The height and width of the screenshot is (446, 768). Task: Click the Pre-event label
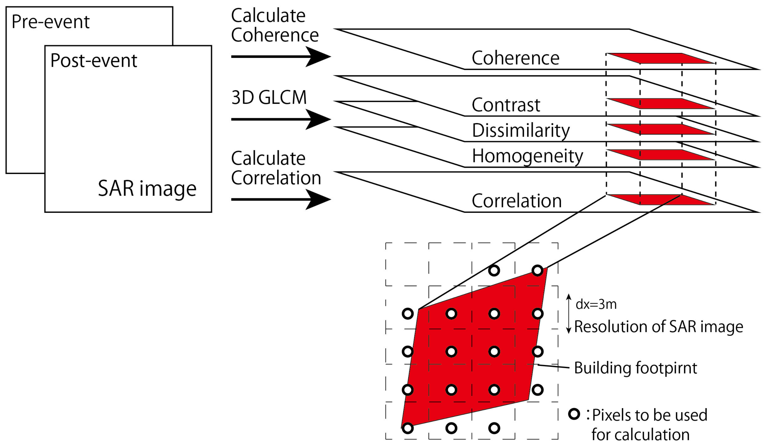[51, 22]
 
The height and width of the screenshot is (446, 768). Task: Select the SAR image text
[147, 188]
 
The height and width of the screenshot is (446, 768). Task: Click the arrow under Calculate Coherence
[280, 57]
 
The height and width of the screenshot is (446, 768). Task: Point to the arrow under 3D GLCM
[280, 119]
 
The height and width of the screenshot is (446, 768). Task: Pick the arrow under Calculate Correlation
[280, 200]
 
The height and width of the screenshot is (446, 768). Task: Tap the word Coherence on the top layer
[515, 58]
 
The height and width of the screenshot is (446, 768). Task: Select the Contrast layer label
[506, 105]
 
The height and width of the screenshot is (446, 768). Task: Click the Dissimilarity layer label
[520, 131]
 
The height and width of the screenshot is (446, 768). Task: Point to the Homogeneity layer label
[527, 156]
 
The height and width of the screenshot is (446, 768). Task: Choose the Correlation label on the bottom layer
[517, 201]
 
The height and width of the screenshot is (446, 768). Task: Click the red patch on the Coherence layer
[661, 58]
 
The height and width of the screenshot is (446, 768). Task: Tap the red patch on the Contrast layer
[661, 104]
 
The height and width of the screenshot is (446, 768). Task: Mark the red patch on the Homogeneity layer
[661, 155]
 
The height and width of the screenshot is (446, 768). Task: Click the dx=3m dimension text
[596, 304]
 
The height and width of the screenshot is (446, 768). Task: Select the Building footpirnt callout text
[635, 368]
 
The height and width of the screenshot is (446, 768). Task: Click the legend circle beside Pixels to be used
[574, 414]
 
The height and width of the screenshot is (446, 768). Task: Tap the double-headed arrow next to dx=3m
[568, 314]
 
